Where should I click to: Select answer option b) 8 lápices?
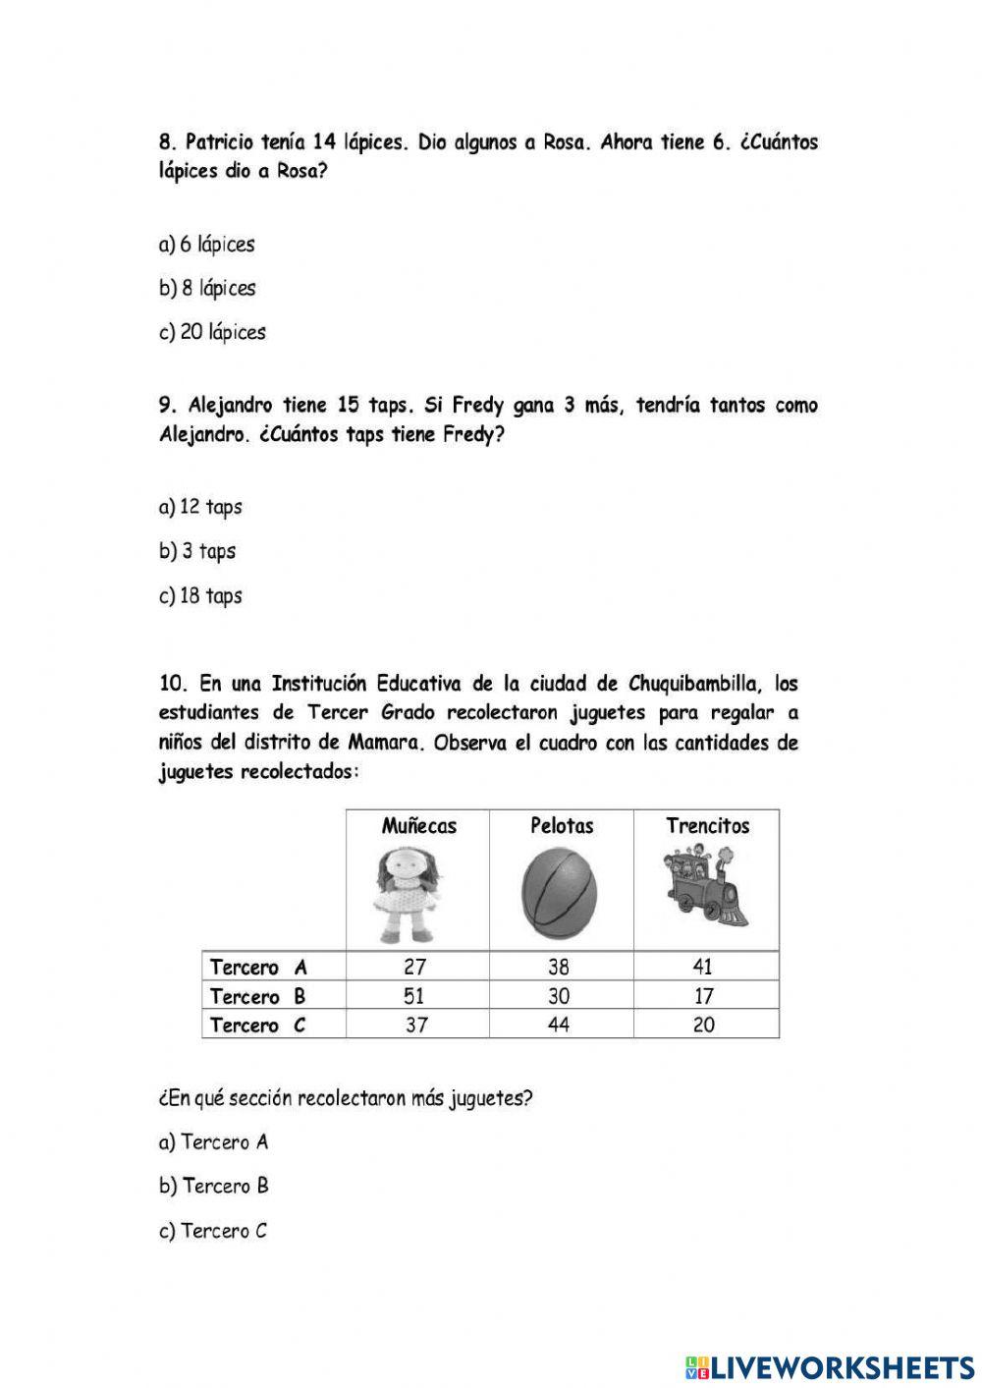pyautogui.click(x=207, y=288)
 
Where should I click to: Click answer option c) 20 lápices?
pyautogui.click(x=212, y=332)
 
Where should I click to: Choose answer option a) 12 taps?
pyautogui.click(x=200, y=507)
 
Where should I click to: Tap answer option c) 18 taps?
pyautogui.click(x=200, y=595)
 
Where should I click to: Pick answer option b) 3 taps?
pyautogui.click(x=197, y=551)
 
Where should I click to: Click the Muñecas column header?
pyautogui.click(x=418, y=826)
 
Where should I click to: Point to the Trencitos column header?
pyautogui.click(x=707, y=826)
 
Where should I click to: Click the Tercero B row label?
pyautogui.click(x=258, y=996)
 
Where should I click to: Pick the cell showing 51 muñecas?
pyautogui.click(x=415, y=996)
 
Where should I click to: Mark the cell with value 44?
pyautogui.click(x=559, y=1025)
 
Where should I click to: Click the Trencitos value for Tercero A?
pyautogui.click(x=704, y=967)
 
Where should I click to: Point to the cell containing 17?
pyautogui.click(x=704, y=996)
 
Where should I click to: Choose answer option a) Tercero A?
pyautogui.click(x=213, y=1142)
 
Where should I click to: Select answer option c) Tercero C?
pyautogui.click(x=213, y=1231)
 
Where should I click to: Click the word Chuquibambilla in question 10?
pyautogui.click(x=693, y=684)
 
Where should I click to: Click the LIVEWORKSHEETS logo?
pyautogui.click(x=830, y=1366)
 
